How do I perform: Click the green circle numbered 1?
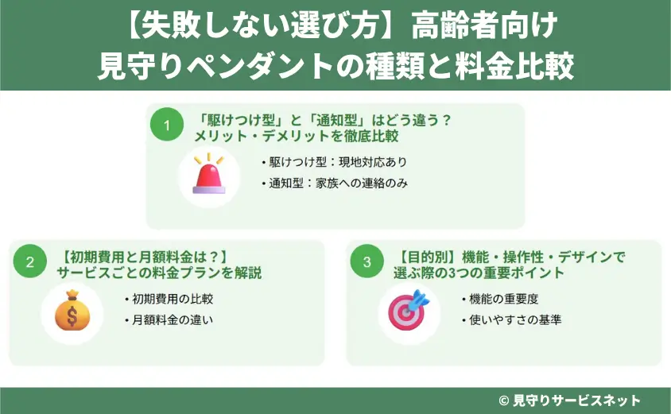(x=167, y=126)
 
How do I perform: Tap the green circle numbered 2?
(x=29, y=263)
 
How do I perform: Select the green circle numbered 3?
(x=367, y=263)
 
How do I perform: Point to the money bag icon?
(x=72, y=311)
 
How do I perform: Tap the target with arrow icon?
(x=408, y=311)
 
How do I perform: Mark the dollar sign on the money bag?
(x=72, y=315)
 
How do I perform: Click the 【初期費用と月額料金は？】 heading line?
(x=145, y=257)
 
